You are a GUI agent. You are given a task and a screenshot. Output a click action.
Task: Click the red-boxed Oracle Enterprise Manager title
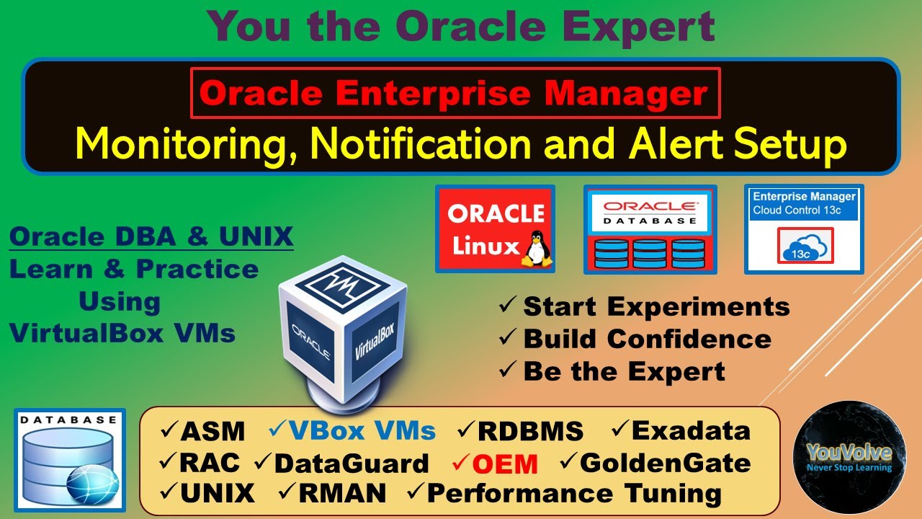click(455, 93)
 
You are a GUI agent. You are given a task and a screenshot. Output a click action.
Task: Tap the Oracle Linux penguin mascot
click(534, 249)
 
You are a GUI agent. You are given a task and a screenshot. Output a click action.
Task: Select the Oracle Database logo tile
click(650, 229)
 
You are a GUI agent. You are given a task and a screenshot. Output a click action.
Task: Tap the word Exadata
click(691, 431)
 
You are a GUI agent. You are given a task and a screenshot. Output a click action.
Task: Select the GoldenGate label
click(665, 463)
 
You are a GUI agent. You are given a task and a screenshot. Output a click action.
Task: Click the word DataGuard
click(352, 463)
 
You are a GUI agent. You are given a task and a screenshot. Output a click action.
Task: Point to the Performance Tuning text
click(574, 494)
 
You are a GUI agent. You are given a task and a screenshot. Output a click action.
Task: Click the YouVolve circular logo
click(849, 458)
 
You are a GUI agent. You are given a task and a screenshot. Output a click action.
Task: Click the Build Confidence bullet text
click(647, 339)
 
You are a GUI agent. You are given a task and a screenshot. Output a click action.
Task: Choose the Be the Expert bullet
click(624, 371)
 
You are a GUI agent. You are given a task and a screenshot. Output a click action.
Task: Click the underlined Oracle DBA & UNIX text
click(151, 236)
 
